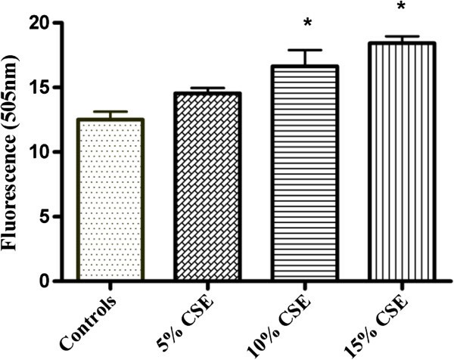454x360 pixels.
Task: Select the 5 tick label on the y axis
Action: (x=54, y=217)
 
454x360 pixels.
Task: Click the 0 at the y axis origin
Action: (x=54, y=281)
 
